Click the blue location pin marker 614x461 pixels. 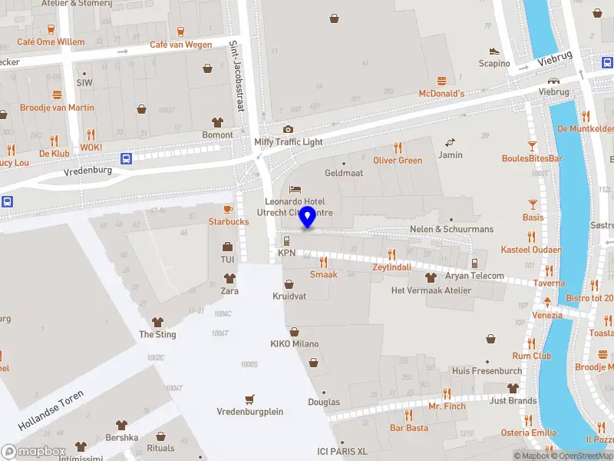pos(308,217)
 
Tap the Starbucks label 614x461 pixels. pos(229,221)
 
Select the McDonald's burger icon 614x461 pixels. pos(442,81)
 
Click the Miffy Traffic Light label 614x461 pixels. pos(289,142)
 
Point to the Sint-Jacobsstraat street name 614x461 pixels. pos(236,76)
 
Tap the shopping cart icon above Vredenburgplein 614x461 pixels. pos(249,400)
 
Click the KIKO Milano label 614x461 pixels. pos(294,343)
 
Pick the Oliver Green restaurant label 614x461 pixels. pos(398,161)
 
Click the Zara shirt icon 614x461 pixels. pos(229,277)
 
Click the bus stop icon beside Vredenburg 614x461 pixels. pos(127,159)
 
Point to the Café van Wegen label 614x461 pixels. pos(180,45)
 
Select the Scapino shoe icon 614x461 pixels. pos(494,51)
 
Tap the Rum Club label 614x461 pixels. pos(532,356)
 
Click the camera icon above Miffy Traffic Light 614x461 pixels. pos(288,129)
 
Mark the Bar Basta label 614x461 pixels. pos(409,428)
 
